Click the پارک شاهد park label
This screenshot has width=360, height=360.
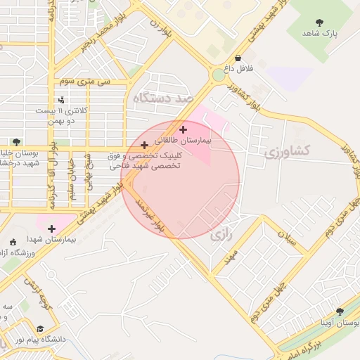click(321, 33)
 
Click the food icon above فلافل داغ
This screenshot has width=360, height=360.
click(238, 58)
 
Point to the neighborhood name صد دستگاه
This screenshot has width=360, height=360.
click(162, 99)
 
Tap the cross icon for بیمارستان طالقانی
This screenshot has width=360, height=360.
click(184, 129)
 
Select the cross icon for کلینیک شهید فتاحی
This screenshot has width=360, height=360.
click(144, 145)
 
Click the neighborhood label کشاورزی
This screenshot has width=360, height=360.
click(286, 150)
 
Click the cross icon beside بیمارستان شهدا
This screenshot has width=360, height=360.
click(51, 228)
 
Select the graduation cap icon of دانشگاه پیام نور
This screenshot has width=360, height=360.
click(39, 328)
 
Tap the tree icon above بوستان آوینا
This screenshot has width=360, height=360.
click(340, 311)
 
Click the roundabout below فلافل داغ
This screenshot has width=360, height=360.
click(219, 75)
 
